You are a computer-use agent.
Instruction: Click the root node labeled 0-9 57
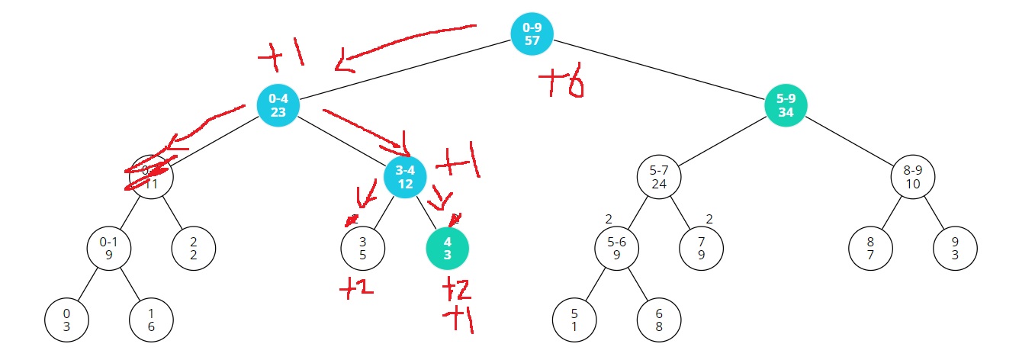pyautogui.click(x=532, y=34)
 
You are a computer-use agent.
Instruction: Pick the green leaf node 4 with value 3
pyautogui.click(x=447, y=249)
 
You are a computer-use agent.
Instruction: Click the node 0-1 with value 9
pyautogui.click(x=108, y=249)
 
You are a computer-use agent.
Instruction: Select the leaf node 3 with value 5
pyautogui.click(x=362, y=249)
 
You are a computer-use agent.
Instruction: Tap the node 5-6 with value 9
pyautogui.click(x=616, y=249)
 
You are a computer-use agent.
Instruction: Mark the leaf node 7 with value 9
pyautogui.click(x=701, y=249)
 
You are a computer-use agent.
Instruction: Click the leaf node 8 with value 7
pyautogui.click(x=870, y=249)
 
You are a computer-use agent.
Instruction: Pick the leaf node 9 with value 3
pyautogui.click(x=955, y=249)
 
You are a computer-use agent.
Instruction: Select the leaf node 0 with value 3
pyautogui.click(x=66, y=320)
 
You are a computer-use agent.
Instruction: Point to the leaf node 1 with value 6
pyautogui.click(x=151, y=320)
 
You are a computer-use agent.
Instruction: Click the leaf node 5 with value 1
pyautogui.click(x=574, y=320)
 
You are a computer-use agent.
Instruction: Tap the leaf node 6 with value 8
pyautogui.click(x=659, y=320)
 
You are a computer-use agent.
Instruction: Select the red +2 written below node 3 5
pyautogui.click(x=356, y=288)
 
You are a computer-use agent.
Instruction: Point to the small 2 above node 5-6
pyautogui.click(x=609, y=220)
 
